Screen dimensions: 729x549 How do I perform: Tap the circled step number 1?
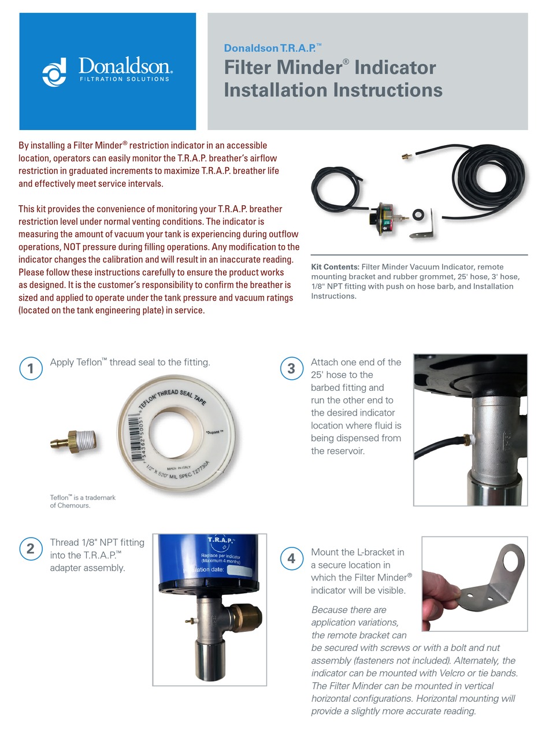[31, 368]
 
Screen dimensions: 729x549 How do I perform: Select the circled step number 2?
[31, 548]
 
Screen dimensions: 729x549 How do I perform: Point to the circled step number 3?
[291, 368]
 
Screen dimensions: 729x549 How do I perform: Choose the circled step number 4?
[291, 558]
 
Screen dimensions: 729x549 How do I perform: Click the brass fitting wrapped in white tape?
[76, 442]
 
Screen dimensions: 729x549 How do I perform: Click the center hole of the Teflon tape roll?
[173, 431]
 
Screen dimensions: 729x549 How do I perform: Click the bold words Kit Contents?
[335, 267]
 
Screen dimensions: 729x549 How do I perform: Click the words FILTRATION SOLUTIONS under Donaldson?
[124, 79]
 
